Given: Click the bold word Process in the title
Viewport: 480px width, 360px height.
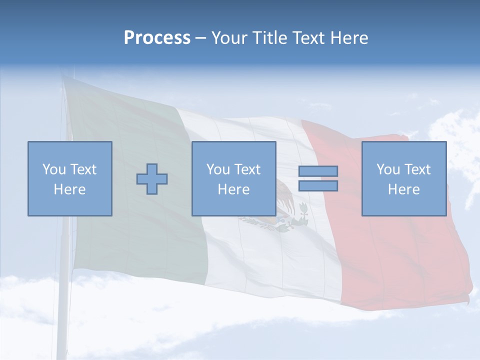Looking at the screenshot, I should click(x=157, y=38).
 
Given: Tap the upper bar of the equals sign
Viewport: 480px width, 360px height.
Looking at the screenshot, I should click(x=318, y=171).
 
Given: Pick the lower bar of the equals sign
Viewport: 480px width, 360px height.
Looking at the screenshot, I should click(x=318, y=185).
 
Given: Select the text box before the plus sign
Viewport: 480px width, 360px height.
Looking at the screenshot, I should click(x=69, y=178).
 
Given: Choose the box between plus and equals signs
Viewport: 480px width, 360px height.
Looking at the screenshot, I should click(x=233, y=178).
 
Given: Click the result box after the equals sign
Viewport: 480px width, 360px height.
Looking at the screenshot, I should click(x=403, y=178).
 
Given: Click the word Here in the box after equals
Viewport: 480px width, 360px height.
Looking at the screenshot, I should click(x=403, y=189).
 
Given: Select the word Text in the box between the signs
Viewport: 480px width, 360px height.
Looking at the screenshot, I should click(x=247, y=169).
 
